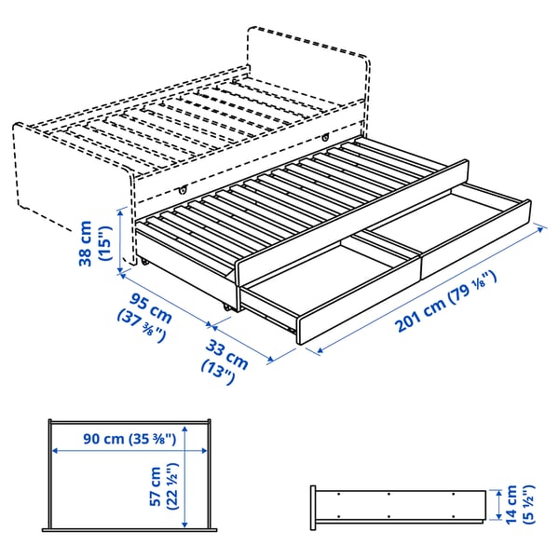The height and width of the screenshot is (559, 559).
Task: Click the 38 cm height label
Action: (86, 242)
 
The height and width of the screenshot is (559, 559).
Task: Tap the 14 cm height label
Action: (510, 504)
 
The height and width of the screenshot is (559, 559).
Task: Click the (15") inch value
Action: (104, 243)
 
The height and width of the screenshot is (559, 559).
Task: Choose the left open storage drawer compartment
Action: (321, 275)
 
